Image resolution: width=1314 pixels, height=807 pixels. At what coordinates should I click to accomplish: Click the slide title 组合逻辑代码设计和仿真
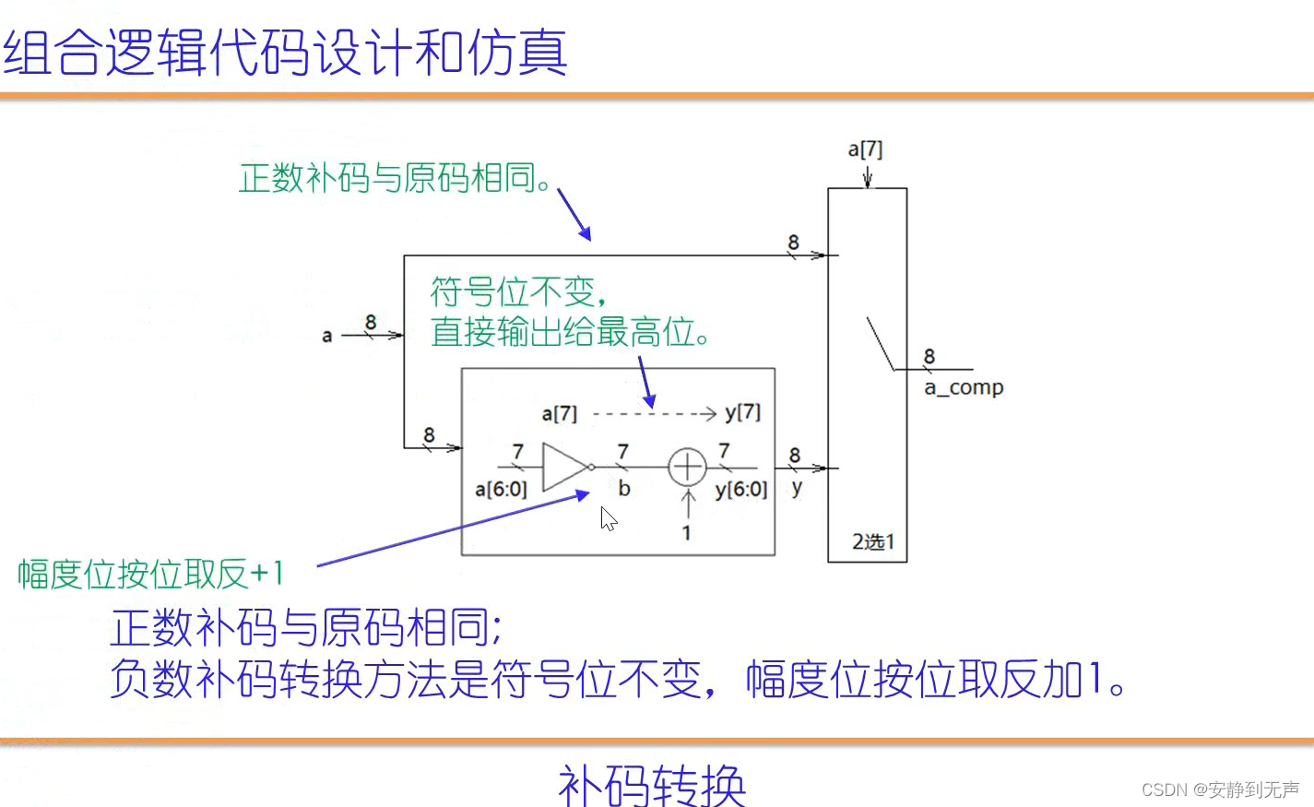click(x=284, y=53)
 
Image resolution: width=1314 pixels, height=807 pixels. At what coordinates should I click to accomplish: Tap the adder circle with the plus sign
click(x=687, y=467)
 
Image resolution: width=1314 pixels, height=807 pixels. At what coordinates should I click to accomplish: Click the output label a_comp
click(x=964, y=388)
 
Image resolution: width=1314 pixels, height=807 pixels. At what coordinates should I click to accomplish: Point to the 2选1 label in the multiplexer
click(x=872, y=541)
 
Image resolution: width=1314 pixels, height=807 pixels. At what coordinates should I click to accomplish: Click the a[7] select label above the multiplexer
click(x=865, y=149)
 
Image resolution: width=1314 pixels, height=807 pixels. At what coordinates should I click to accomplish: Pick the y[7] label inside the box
click(x=743, y=412)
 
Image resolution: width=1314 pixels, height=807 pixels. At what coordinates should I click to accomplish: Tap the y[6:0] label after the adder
click(x=741, y=490)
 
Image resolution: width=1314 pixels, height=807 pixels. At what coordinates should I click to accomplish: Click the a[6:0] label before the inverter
click(x=501, y=490)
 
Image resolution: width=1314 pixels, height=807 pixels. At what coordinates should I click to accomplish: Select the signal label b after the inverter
click(x=624, y=489)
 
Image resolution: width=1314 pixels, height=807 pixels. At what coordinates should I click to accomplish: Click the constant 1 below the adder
click(x=686, y=533)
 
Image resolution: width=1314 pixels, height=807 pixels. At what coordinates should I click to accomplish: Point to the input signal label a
click(x=326, y=336)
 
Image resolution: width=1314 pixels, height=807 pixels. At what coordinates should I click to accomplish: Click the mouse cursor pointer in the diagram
click(x=608, y=518)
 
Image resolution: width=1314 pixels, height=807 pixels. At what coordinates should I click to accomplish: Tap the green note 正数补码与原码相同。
click(x=396, y=178)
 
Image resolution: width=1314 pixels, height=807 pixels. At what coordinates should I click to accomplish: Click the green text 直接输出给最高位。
click(x=570, y=332)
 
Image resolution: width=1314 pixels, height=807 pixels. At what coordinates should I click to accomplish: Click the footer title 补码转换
click(x=651, y=784)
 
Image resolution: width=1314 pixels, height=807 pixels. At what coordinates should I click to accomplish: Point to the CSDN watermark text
click(x=1219, y=789)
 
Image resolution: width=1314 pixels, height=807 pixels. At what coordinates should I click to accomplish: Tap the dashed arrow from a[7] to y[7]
click(x=654, y=413)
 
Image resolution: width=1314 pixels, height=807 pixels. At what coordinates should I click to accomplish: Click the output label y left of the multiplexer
click(x=797, y=489)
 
